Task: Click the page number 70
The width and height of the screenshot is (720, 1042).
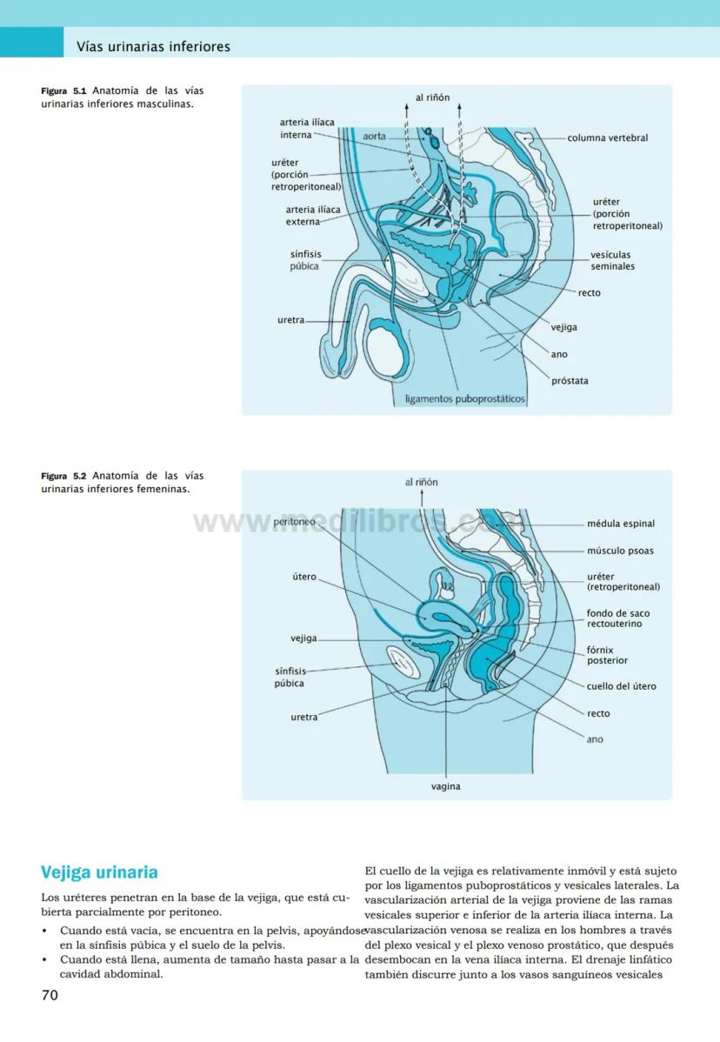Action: click(50, 995)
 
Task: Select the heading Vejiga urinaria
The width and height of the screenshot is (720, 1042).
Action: click(99, 872)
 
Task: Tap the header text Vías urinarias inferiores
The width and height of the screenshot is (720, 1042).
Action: click(153, 46)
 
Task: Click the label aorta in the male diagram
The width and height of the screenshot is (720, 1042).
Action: click(374, 137)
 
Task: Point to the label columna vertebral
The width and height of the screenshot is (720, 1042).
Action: click(607, 137)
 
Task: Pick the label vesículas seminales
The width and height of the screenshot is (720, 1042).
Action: click(612, 261)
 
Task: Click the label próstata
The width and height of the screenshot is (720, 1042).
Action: click(570, 381)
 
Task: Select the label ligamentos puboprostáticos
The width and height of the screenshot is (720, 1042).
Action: click(465, 399)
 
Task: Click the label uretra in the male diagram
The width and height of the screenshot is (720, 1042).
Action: click(291, 320)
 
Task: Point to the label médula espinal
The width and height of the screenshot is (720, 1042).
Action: click(621, 524)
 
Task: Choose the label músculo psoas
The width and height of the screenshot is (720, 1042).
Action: click(620, 551)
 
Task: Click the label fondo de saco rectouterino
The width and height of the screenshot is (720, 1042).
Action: click(617, 618)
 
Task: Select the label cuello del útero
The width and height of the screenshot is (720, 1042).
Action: click(621, 686)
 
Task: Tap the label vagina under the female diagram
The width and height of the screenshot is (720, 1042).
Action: click(445, 787)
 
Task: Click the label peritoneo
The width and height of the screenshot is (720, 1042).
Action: click(294, 522)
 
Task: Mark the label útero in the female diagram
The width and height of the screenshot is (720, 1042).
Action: click(304, 577)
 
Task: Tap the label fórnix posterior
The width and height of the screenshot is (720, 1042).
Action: click(607, 655)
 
